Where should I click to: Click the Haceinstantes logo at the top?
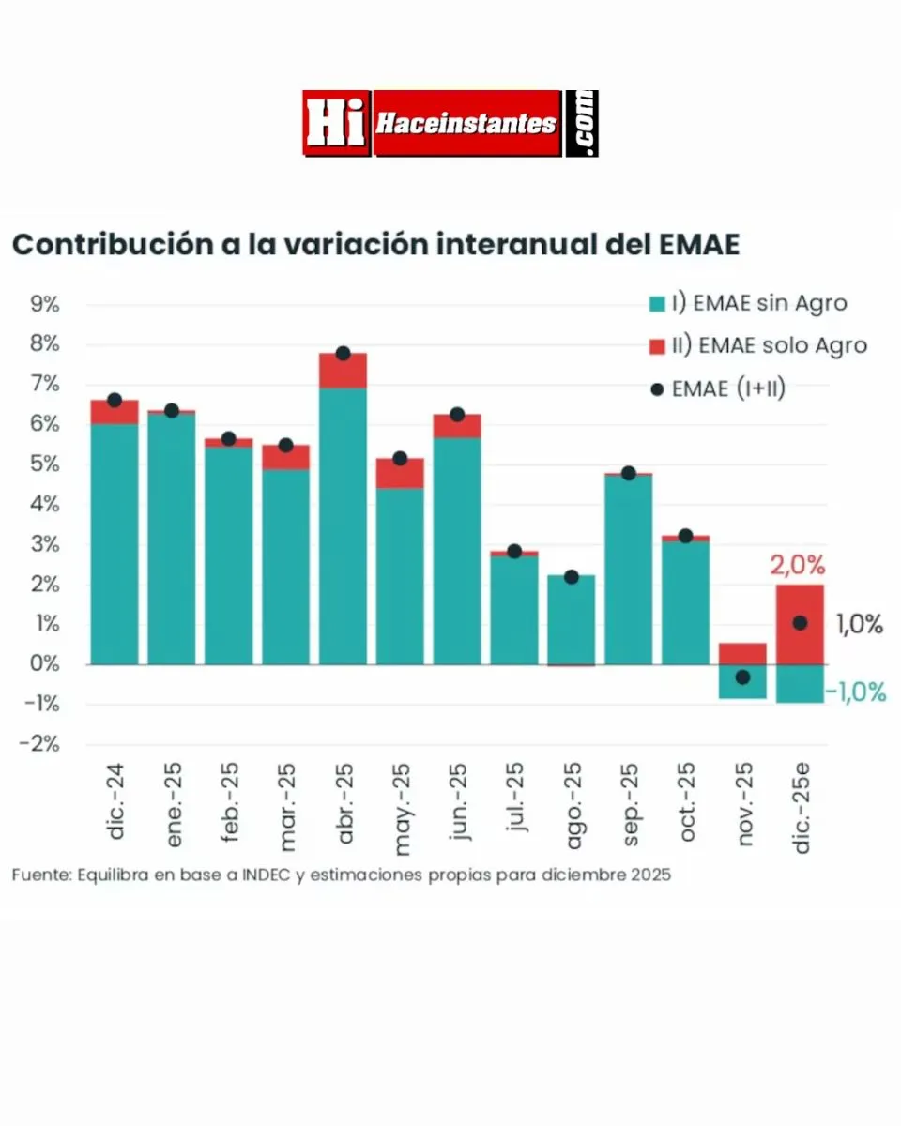click(x=450, y=123)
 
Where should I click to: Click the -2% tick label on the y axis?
click(x=41, y=744)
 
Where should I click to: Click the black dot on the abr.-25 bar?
click(x=343, y=354)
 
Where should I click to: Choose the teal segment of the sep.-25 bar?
click(x=629, y=572)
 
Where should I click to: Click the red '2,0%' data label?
click(x=798, y=566)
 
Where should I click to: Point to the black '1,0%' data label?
click(x=860, y=625)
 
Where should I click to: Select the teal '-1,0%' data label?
click(x=856, y=692)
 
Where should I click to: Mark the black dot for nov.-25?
click(x=742, y=677)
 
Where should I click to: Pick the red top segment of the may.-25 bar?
click(x=400, y=474)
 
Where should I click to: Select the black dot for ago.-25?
click(x=572, y=577)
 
